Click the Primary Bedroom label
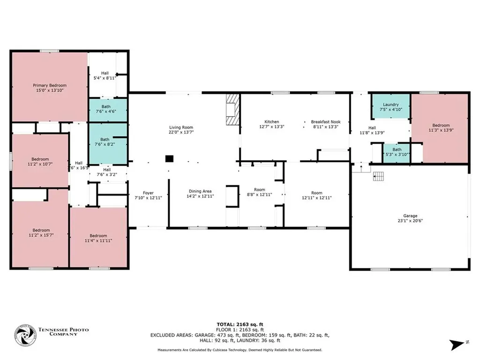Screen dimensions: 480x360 tap(50, 85)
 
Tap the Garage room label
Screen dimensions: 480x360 tap(410, 216)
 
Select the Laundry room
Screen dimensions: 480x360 tap(391, 106)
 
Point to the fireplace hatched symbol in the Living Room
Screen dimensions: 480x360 tap(232, 109)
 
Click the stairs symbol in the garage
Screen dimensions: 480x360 tap(378, 176)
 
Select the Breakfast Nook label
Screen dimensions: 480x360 tap(326, 121)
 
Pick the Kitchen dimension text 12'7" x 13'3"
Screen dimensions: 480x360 tap(272, 127)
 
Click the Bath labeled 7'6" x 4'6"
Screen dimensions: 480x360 tap(108, 110)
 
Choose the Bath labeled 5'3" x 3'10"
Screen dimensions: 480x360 tap(397, 153)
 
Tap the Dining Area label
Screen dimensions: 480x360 tap(200, 191)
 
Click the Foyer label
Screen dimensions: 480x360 tap(148, 193)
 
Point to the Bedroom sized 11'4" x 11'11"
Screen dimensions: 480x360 tap(98, 237)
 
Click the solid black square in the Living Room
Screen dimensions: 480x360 tap(169, 158)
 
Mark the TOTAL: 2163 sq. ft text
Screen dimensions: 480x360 tap(240, 324)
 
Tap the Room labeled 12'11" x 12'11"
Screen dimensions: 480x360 tap(317, 195)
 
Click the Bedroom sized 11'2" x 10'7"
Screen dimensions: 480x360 tap(40, 161)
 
